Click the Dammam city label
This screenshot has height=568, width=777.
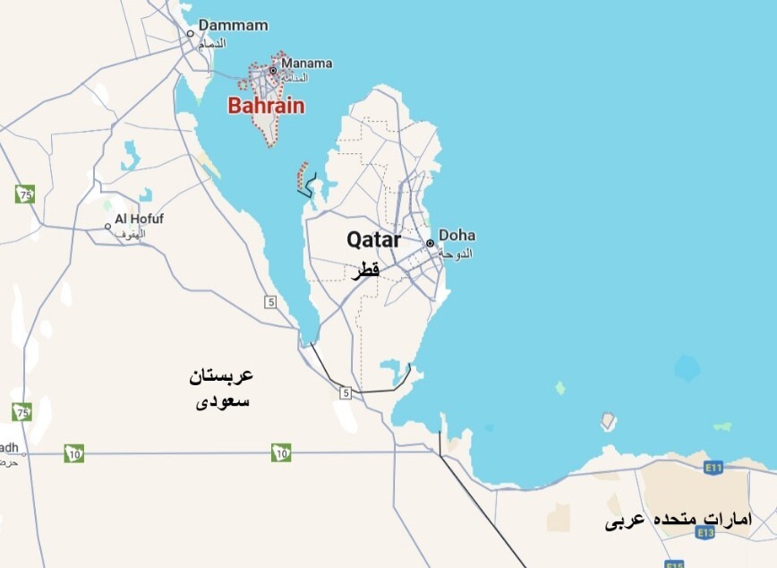(233, 26)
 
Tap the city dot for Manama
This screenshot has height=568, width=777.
(273, 70)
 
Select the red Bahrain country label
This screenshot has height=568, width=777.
(266, 106)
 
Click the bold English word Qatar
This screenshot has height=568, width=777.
(373, 239)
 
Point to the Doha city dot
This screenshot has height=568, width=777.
(430, 243)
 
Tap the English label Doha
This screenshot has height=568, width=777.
(457, 236)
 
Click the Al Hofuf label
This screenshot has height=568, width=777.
(140, 219)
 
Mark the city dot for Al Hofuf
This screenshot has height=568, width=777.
(107, 226)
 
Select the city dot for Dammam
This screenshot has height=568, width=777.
(190, 34)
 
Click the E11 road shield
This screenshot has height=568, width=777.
(713, 467)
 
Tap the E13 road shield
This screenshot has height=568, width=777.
(704, 532)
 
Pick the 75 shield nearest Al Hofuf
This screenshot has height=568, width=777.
(24, 194)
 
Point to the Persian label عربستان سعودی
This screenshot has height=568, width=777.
(221, 388)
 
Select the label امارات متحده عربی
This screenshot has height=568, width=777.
(679, 520)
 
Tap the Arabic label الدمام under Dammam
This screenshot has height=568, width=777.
(211, 43)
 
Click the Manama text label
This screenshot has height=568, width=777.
(306, 64)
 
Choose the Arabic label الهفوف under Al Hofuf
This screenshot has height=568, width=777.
(131, 233)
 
